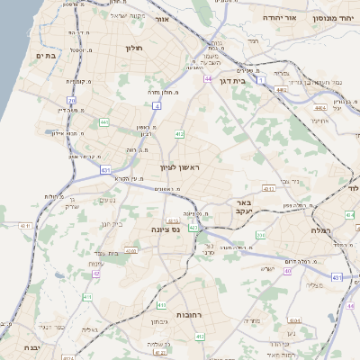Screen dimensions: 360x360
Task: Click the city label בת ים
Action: click(x=46, y=56)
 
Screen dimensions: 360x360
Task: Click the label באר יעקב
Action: click(x=243, y=209)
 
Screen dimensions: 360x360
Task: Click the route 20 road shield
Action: click(x=70, y=100)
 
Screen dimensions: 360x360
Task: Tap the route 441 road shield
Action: click(x=104, y=121)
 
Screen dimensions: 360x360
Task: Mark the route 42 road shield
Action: click(x=96, y=274)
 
